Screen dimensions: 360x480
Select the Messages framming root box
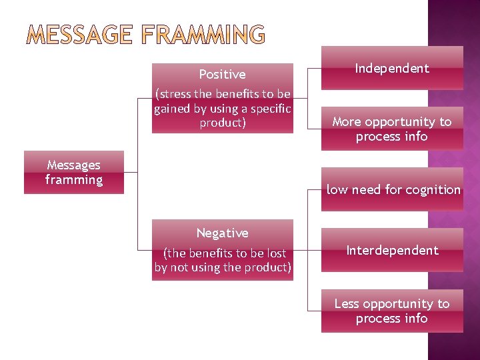(x=73, y=173)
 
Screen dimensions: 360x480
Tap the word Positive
(x=222, y=75)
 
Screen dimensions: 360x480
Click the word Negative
(x=222, y=233)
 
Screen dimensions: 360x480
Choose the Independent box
(x=392, y=68)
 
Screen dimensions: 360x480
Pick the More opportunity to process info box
(x=392, y=129)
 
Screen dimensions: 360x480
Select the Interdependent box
(x=392, y=251)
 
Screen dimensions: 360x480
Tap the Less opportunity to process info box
(x=392, y=311)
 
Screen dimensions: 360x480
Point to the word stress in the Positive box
(x=175, y=94)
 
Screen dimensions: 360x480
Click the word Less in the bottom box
(x=347, y=304)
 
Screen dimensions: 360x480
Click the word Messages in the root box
(x=73, y=165)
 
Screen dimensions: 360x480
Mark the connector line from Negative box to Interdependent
(x=307, y=251)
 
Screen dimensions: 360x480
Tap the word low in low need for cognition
(x=337, y=190)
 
